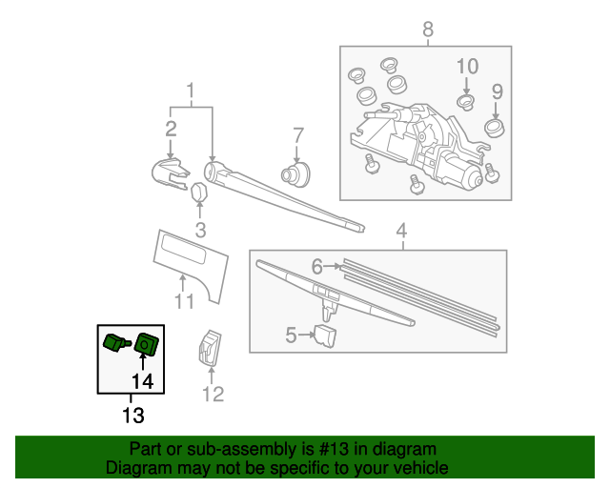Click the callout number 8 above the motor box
pos(427,29)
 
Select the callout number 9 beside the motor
pos(497,91)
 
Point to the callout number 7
pos(297,134)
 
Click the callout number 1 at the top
pos(191,91)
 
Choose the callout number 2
pos(171,129)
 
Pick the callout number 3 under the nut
pos(200,229)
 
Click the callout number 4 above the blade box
pos(401,230)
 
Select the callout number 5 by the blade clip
pos(293,334)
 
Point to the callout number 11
pos(184,302)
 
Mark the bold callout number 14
pos(142,381)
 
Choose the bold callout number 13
pos(132,416)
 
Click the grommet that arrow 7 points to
pos(296,173)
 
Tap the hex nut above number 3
pos(200,193)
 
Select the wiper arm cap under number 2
pos(170,173)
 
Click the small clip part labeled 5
pos(326,335)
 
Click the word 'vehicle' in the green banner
pos(416,468)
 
